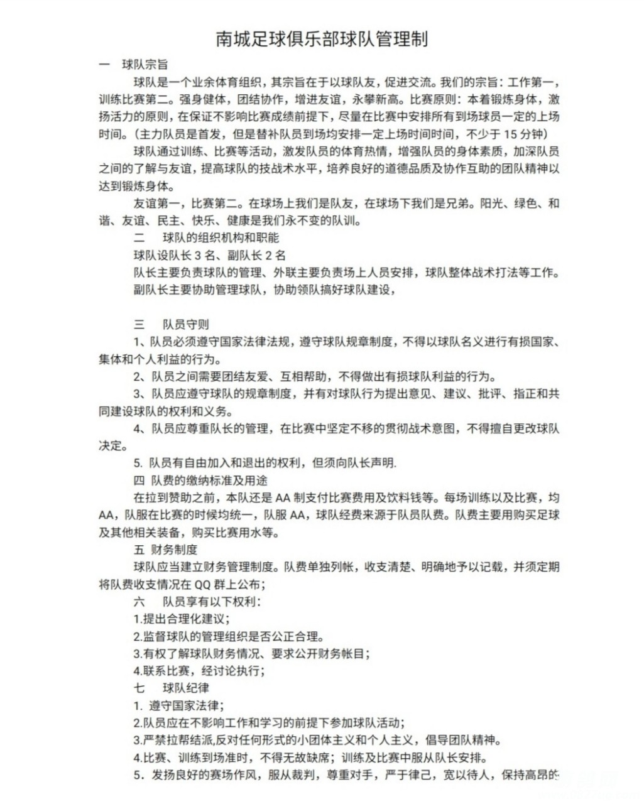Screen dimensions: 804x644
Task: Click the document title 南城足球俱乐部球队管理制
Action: point(322,39)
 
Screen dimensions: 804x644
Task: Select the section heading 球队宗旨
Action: point(145,65)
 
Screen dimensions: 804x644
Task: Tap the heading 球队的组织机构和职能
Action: point(221,237)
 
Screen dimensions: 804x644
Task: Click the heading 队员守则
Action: point(186,324)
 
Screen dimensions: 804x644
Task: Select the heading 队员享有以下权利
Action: point(211,601)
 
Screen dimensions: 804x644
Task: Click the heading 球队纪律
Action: point(186,688)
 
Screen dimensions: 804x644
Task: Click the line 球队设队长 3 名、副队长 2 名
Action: point(210,255)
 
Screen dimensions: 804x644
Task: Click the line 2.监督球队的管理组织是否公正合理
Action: point(229,636)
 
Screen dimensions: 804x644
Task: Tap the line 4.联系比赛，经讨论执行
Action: point(199,671)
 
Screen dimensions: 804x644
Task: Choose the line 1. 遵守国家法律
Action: point(179,705)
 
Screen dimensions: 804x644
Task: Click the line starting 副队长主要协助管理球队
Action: point(265,290)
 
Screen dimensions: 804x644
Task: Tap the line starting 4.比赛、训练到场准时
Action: point(310,758)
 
